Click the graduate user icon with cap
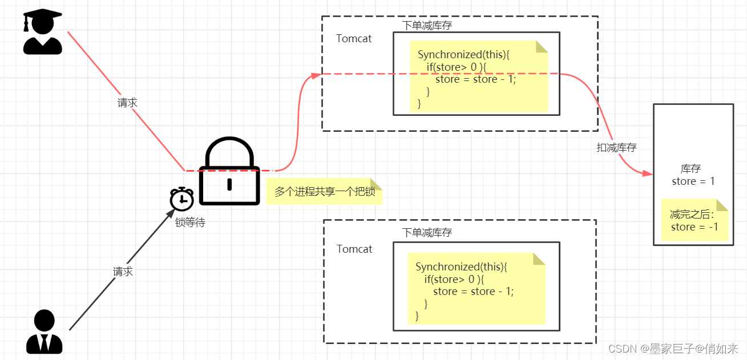[42, 33]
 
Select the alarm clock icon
[182, 199]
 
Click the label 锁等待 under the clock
[190, 223]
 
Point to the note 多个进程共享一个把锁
[324, 192]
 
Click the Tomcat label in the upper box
[354, 39]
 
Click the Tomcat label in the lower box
[354, 249]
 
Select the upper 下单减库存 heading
[427, 25]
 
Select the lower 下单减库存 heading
[427, 233]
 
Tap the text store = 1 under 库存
[693, 181]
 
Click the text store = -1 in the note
[694, 227]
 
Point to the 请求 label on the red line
[127, 103]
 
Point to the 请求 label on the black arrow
[123, 272]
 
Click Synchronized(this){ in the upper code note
[463, 55]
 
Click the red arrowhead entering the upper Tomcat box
[315, 75]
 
